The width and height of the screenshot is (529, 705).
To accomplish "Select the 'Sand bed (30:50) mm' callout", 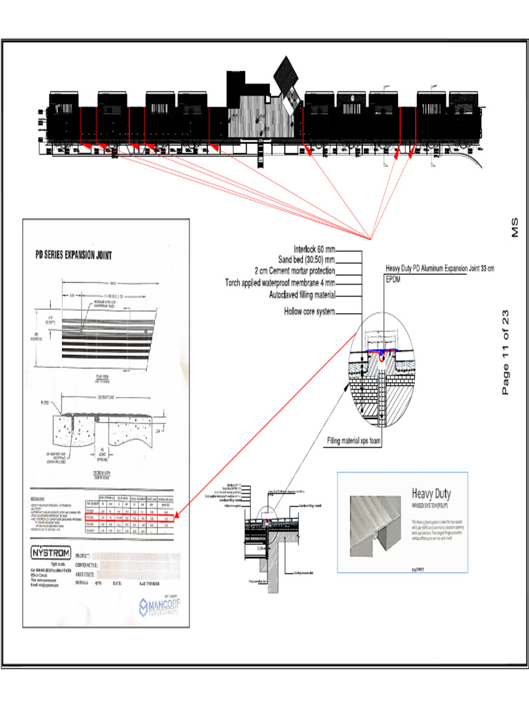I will coord(307,260).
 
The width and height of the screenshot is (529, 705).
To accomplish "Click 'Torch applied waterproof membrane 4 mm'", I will coord(280,282).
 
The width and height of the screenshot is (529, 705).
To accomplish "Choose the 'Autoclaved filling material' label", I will coord(302,294).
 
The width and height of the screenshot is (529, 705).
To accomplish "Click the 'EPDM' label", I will coord(393,280).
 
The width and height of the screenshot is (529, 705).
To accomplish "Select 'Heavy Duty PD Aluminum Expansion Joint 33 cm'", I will coord(439,268).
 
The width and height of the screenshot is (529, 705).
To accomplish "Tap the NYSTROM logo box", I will coord(50,552).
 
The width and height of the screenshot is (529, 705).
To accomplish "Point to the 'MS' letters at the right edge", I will coord(514,229).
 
